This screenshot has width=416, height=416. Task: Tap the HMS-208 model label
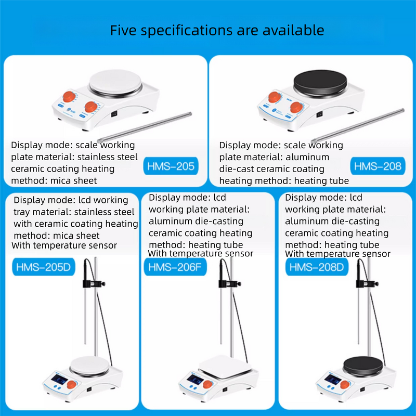tap(378, 166)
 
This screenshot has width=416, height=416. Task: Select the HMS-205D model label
tap(43, 268)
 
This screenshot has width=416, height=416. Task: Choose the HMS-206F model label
tap(174, 268)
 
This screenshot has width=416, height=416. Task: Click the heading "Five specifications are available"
tap(217, 30)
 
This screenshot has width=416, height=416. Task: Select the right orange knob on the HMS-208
tap(296, 107)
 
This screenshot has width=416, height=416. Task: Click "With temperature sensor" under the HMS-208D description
tap(338, 254)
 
